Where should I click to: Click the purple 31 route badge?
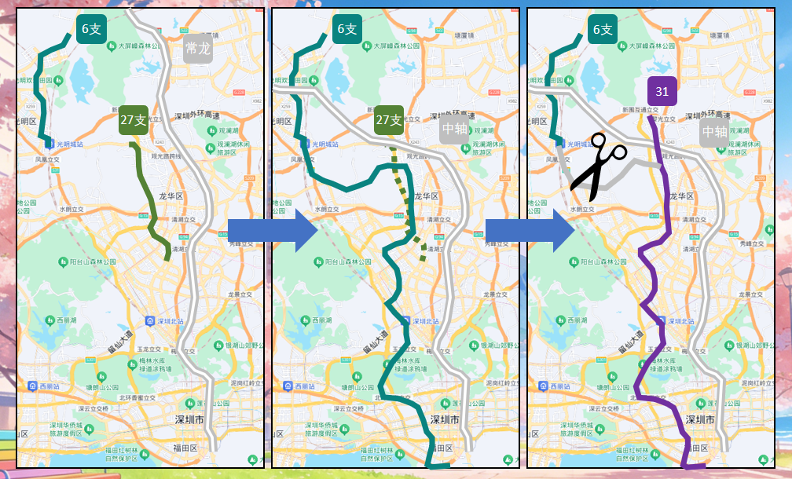point(662,91)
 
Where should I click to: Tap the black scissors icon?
point(598,166)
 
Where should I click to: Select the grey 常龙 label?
point(198,49)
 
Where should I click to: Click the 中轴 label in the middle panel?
point(454,129)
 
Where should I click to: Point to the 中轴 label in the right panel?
point(714,132)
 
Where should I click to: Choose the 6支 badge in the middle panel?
point(347,29)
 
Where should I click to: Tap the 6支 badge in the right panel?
point(603,29)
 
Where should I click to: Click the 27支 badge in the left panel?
point(134,120)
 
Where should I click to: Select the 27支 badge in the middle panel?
point(389,120)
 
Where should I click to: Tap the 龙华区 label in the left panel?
point(170,196)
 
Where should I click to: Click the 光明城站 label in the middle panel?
point(325,144)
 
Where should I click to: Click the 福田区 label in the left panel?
point(186,448)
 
